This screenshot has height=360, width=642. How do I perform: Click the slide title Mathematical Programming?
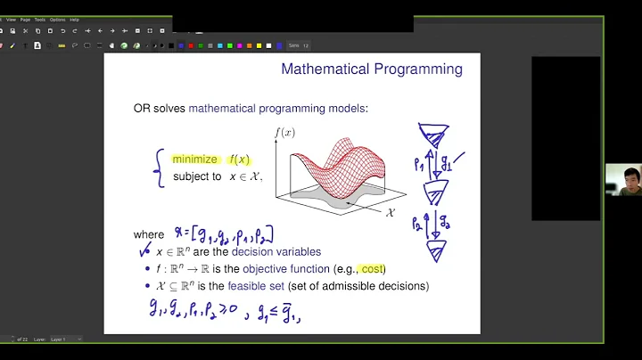(x=372, y=69)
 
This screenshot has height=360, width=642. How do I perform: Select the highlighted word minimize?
(x=194, y=160)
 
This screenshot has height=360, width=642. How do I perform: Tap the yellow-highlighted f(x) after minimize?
(x=238, y=160)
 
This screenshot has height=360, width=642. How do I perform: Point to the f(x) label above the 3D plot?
(x=284, y=133)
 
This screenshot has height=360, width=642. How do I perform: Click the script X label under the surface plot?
(x=389, y=213)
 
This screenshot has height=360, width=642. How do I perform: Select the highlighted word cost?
(x=372, y=268)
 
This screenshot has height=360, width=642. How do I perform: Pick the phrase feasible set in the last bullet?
(x=255, y=286)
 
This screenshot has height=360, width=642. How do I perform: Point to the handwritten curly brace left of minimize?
(x=159, y=168)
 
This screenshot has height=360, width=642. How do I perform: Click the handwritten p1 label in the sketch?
(x=419, y=165)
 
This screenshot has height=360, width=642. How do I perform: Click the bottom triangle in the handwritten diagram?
(x=437, y=251)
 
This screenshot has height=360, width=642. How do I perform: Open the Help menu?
(x=75, y=19)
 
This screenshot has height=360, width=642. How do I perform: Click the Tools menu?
(x=39, y=19)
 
